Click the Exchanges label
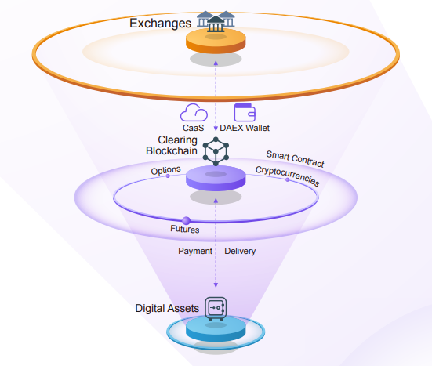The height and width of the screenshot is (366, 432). pos(161,24)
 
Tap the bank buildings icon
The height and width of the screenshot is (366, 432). pos(216,21)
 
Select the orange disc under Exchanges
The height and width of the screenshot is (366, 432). pos(216,41)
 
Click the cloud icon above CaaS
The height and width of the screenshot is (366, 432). pos(194,112)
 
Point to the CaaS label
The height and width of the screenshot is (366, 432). pos(193,128)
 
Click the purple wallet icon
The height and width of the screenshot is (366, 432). pos(245,112)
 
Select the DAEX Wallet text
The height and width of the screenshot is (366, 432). pos(245,128)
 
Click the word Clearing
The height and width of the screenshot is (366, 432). pos(177,140)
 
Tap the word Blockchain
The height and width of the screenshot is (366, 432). pos(172,150)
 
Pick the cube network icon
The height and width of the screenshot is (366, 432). pos(216,151)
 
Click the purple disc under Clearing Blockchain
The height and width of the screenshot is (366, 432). pos(216,178)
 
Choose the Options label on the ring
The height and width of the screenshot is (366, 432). pos(166,170)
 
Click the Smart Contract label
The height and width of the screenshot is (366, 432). pos(295,159)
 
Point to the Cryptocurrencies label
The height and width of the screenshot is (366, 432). pos(288,176)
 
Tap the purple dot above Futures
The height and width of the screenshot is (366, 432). pos(187,220)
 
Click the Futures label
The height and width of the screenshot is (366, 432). pos(184,229)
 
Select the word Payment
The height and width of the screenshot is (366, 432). pos(195,251)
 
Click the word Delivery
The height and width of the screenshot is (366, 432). pos(240,251)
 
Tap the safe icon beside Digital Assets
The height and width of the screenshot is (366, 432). pos(216,309)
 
